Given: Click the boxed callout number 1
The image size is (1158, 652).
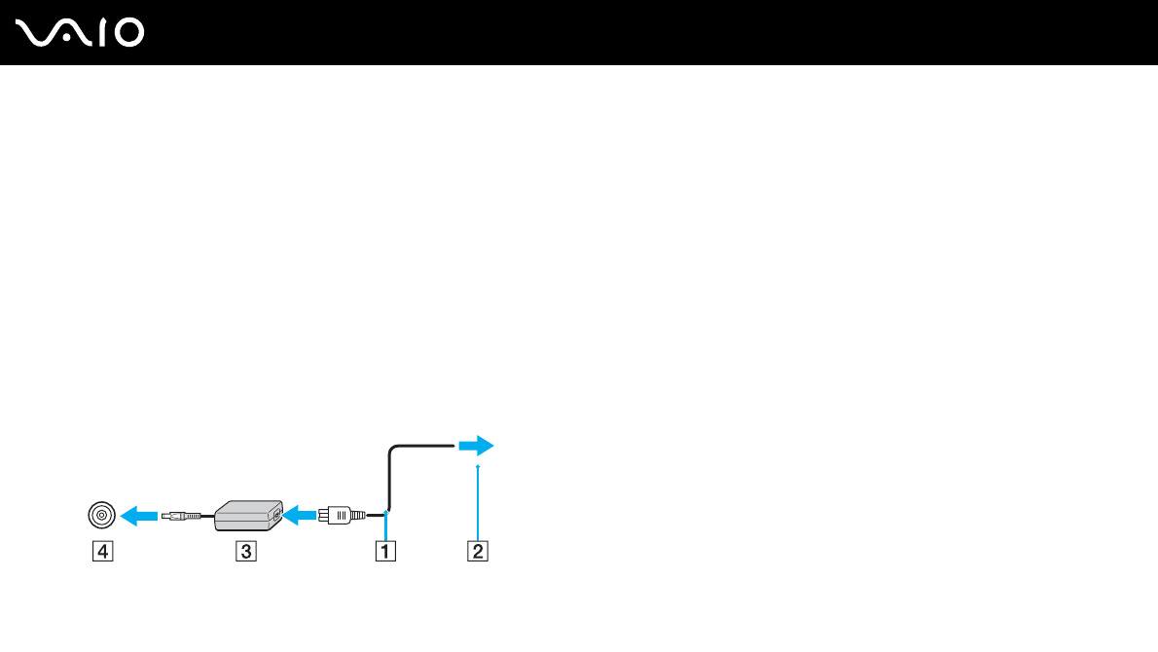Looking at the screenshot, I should point(386,552).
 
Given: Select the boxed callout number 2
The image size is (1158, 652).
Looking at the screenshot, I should point(477,552).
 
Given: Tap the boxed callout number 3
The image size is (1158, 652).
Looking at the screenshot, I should point(246,552).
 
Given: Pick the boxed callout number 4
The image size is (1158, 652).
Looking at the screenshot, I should point(101,552).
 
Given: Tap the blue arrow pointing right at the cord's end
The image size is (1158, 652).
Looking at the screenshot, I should point(476,446).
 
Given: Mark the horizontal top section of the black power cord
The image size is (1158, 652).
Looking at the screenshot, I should point(423,446).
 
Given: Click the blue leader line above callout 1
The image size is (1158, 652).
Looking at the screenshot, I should point(386,525).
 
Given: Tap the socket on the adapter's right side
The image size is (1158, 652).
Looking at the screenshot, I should point(277,513).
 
